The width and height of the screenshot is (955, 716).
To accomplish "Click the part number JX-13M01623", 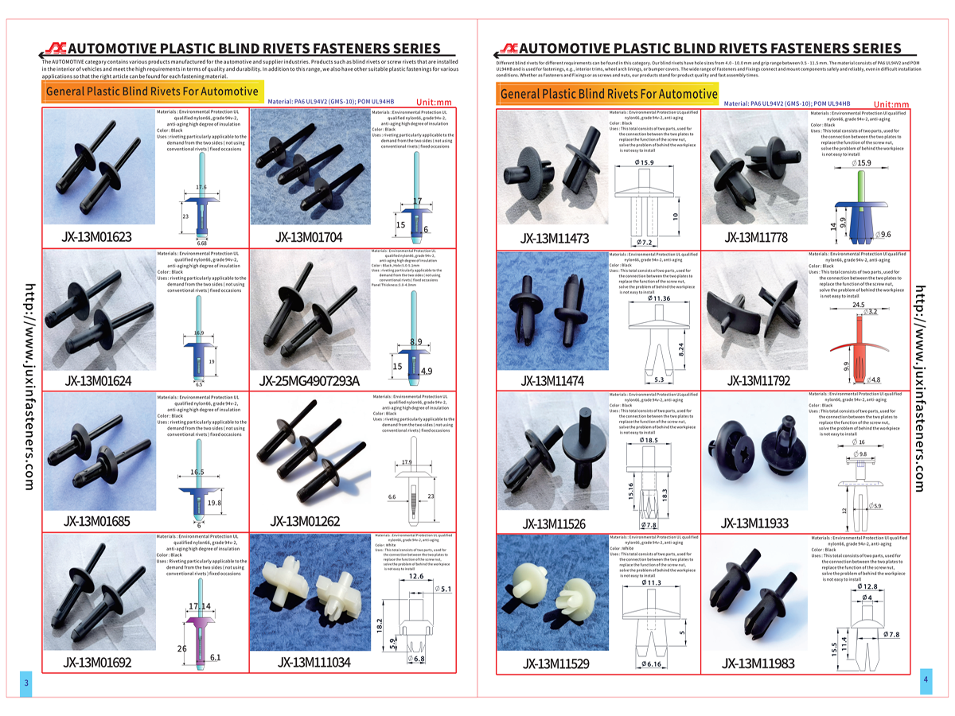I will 97,237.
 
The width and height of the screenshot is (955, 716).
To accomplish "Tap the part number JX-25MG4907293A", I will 310,380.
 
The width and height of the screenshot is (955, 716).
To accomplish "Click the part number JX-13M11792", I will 758,380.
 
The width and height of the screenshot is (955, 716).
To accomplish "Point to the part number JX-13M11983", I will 758,663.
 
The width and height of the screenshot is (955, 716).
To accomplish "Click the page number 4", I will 926,679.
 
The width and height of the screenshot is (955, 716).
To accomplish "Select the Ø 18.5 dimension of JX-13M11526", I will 647,440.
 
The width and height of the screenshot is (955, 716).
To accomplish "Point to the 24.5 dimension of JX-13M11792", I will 857,305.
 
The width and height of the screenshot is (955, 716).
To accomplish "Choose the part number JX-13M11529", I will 555,663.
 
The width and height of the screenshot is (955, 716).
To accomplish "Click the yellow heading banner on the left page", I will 151,91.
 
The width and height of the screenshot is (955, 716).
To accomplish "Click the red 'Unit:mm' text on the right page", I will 891,104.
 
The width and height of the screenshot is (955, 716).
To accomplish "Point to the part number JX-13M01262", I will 306,521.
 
